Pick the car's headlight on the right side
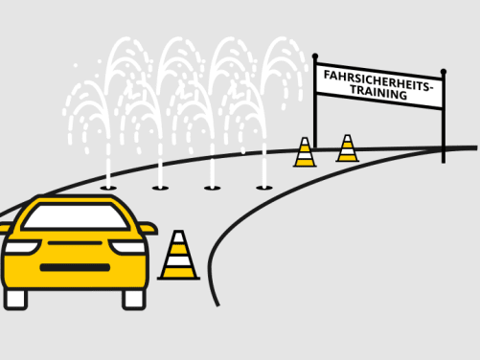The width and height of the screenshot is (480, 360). coord(126,247)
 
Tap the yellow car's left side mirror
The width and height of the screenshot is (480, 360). coord(5,229)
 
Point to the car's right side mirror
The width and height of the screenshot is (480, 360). coord(148,229)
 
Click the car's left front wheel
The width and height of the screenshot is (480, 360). coord(16,298)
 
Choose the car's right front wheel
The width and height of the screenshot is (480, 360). coord(133,298)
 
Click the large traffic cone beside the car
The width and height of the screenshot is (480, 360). coord(178,256)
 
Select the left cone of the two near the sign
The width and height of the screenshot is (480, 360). coord(305,153)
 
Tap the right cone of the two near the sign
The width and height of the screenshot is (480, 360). coord(347,148)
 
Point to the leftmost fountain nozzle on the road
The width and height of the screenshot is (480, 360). coord(108,188)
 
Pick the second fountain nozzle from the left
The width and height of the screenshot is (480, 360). coord(160,188)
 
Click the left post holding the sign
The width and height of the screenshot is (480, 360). coord(315,105)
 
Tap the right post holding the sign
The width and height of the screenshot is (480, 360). coord(443,115)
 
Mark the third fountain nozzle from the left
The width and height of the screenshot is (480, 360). coord(212,188)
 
